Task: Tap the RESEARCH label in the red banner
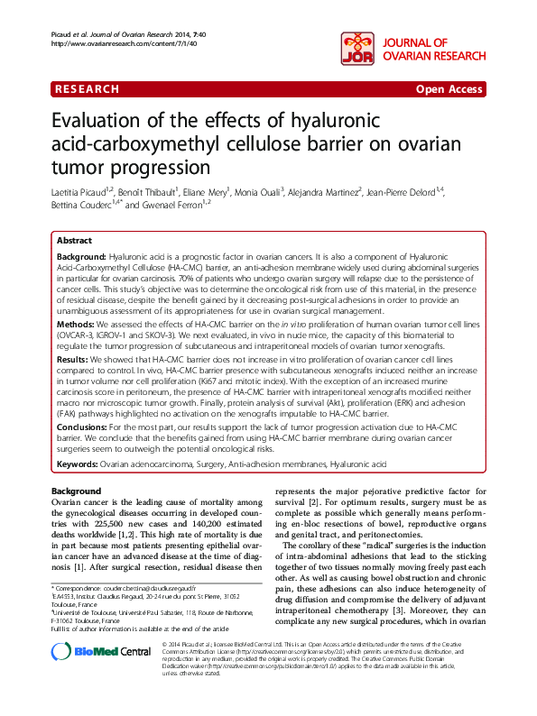[x=88, y=89]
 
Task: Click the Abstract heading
[x=74, y=242]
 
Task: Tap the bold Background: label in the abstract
[x=86, y=257]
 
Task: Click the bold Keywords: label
[x=78, y=464]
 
